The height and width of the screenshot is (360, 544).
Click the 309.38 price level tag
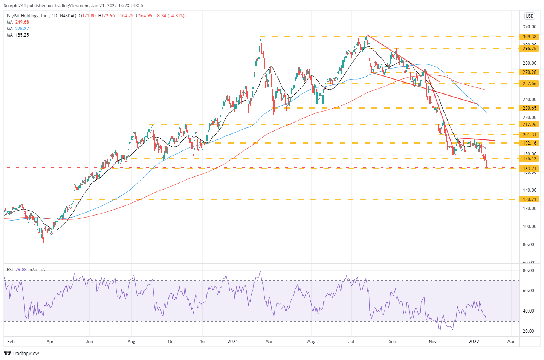[529, 37]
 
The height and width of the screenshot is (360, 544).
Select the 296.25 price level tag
[529, 49]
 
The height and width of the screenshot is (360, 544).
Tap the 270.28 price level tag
[529, 72]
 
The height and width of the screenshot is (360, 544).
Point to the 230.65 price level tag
[529, 108]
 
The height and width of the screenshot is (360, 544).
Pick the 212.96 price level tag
[529, 124]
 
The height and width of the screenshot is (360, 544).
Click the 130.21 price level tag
[529, 199]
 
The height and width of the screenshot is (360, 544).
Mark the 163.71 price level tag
[529, 169]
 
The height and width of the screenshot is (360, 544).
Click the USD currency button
[529, 16]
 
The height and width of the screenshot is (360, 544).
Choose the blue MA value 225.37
[22, 29]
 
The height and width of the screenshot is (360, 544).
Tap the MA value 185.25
[22, 35]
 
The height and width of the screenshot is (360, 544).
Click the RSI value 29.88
[21, 270]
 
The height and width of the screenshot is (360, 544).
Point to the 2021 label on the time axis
[233, 342]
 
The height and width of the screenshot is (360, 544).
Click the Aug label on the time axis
[131, 342]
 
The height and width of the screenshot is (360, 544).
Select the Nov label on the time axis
[432, 342]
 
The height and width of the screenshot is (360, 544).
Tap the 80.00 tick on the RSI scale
[529, 271]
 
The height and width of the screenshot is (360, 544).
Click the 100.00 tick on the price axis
[529, 227]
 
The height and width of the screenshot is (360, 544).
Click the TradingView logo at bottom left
[21, 353]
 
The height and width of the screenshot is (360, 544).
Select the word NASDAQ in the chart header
[68, 16]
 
